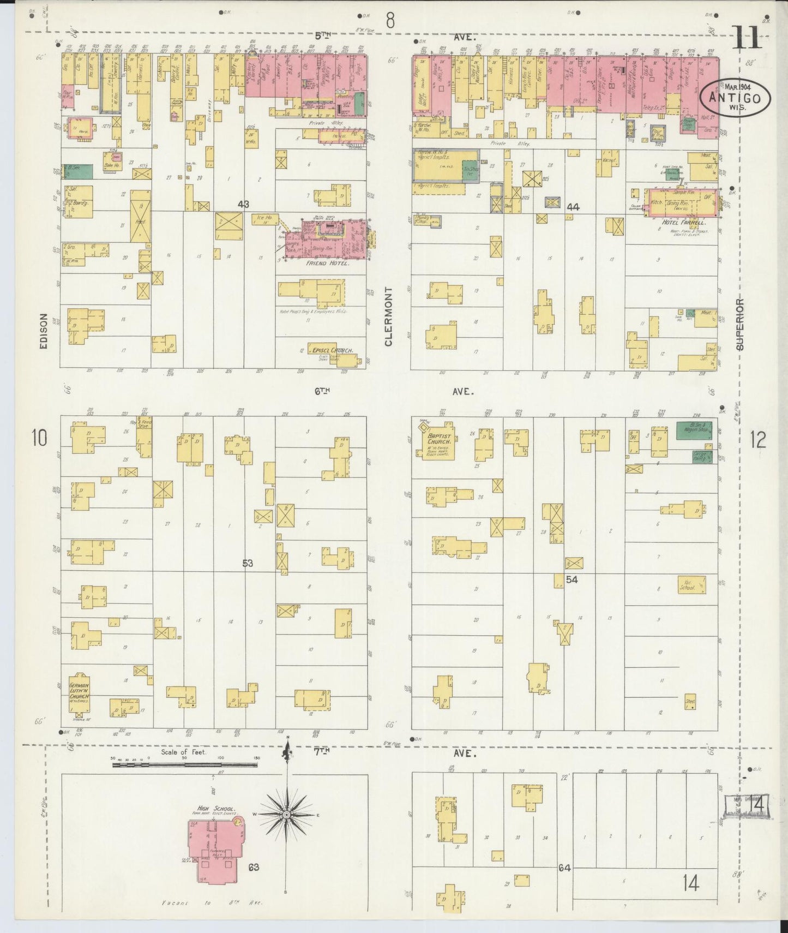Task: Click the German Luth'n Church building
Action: [x=79, y=692]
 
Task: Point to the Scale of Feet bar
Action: [x=185, y=765]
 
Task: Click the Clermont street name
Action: [x=389, y=316]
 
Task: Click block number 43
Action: [x=243, y=204]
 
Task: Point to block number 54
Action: [x=571, y=579]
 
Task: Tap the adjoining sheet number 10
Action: [x=39, y=438]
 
